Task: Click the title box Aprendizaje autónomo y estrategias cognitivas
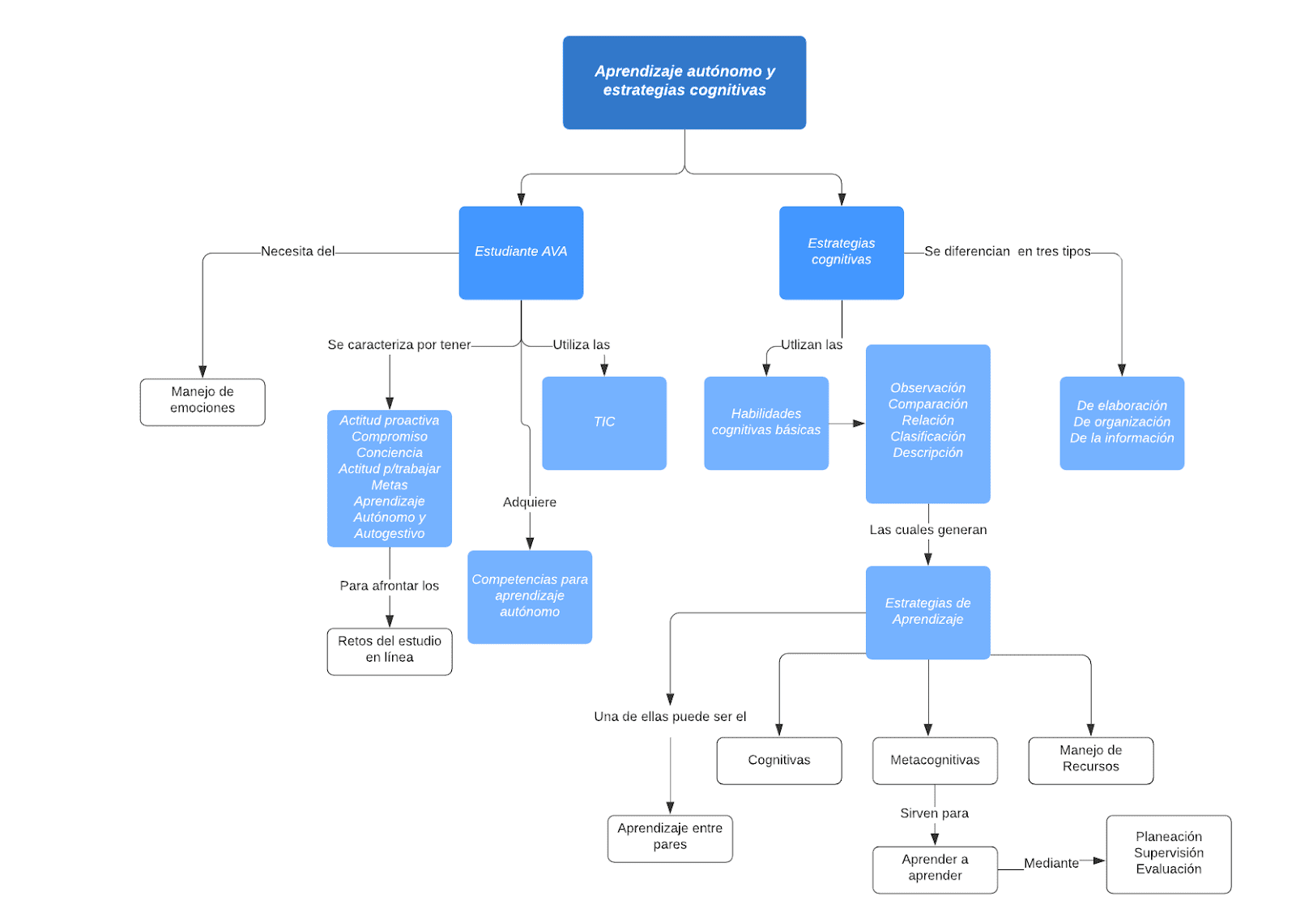click(x=684, y=82)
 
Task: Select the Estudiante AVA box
click(x=521, y=252)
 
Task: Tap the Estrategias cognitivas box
click(x=841, y=252)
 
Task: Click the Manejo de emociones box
click(x=202, y=401)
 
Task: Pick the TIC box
click(x=603, y=422)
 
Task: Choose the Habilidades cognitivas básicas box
click(x=765, y=422)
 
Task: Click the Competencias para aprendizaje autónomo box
click(x=530, y=596)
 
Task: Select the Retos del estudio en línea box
click(x=390, y=650)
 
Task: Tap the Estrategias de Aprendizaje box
click(x=927, y=612)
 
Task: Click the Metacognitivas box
click(x=935, y=760)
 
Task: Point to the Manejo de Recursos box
click(x=1090, y=759)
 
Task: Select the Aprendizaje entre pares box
click(x=670, y=837)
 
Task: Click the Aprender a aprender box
click(x=935, y=868)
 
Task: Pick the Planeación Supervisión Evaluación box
click(x=1168, y=853)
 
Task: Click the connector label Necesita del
click(x=297, y=252)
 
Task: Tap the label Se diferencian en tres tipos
click(x=1007, y=252)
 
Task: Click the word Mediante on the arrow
click(x=1051, y=864)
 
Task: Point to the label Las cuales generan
click(x=927, y=530)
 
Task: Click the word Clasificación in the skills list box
click(x=927, y=437)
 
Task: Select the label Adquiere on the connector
click(x=530, y=502)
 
